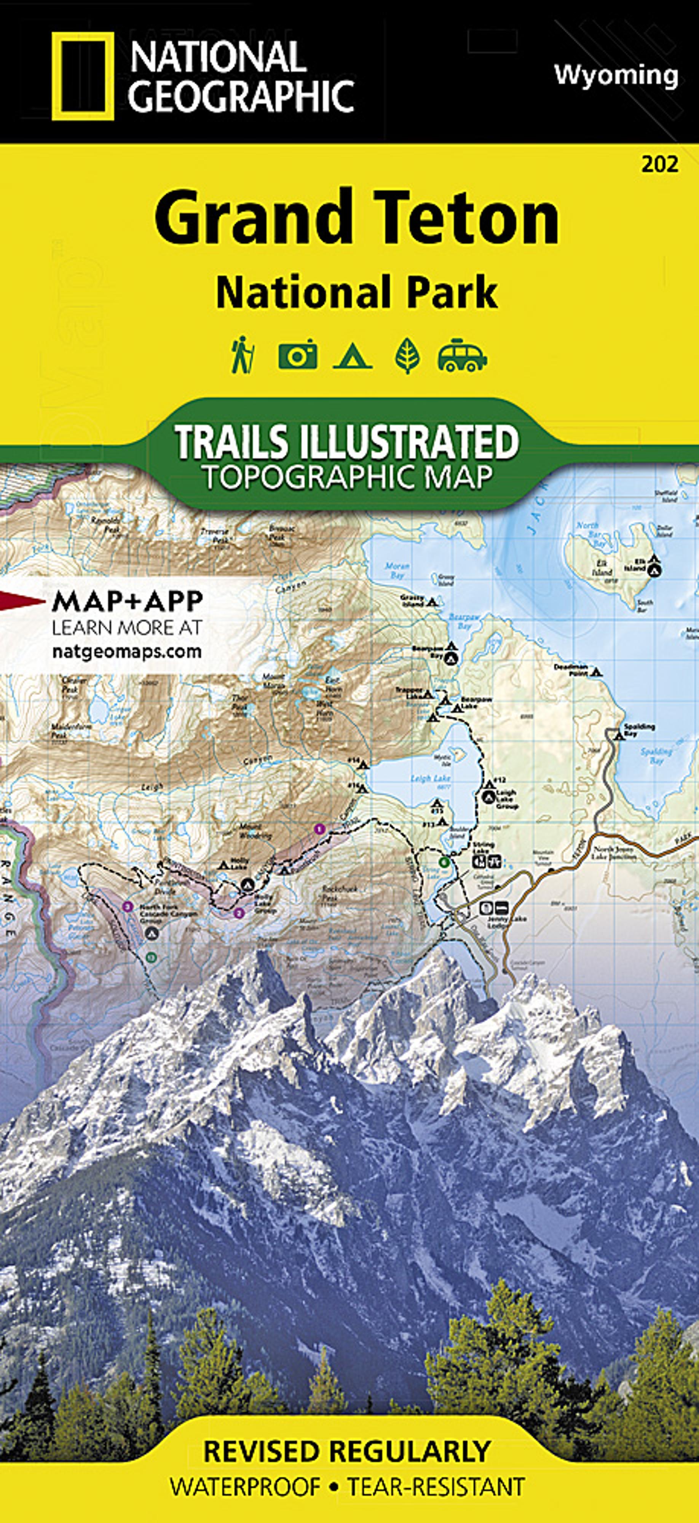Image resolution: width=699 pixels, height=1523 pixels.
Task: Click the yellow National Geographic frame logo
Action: pyautogui.click(x=82, y=76)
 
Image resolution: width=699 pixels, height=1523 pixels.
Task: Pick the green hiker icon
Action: pyautogui.click(x=243, y=355)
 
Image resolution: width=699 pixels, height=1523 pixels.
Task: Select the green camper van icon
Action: pyautogui.click(x=462, y=355)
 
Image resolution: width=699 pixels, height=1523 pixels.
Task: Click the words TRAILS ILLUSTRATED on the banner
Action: pyautogui.click(x=346, y=442)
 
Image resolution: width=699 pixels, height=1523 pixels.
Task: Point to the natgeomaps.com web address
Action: pyautogui.click(x=126, y=651)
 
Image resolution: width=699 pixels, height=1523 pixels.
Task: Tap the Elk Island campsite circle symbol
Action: pyautogui.click(x=653, y=570)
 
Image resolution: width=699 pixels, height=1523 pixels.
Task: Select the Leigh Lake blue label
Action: pyautogui.click(x=431, y=779)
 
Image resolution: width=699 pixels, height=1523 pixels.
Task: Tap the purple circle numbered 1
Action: pyautogui.click(x=320, y=829)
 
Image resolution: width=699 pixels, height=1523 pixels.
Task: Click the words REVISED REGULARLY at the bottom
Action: pyautogui.click(x=346, y=1451)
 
